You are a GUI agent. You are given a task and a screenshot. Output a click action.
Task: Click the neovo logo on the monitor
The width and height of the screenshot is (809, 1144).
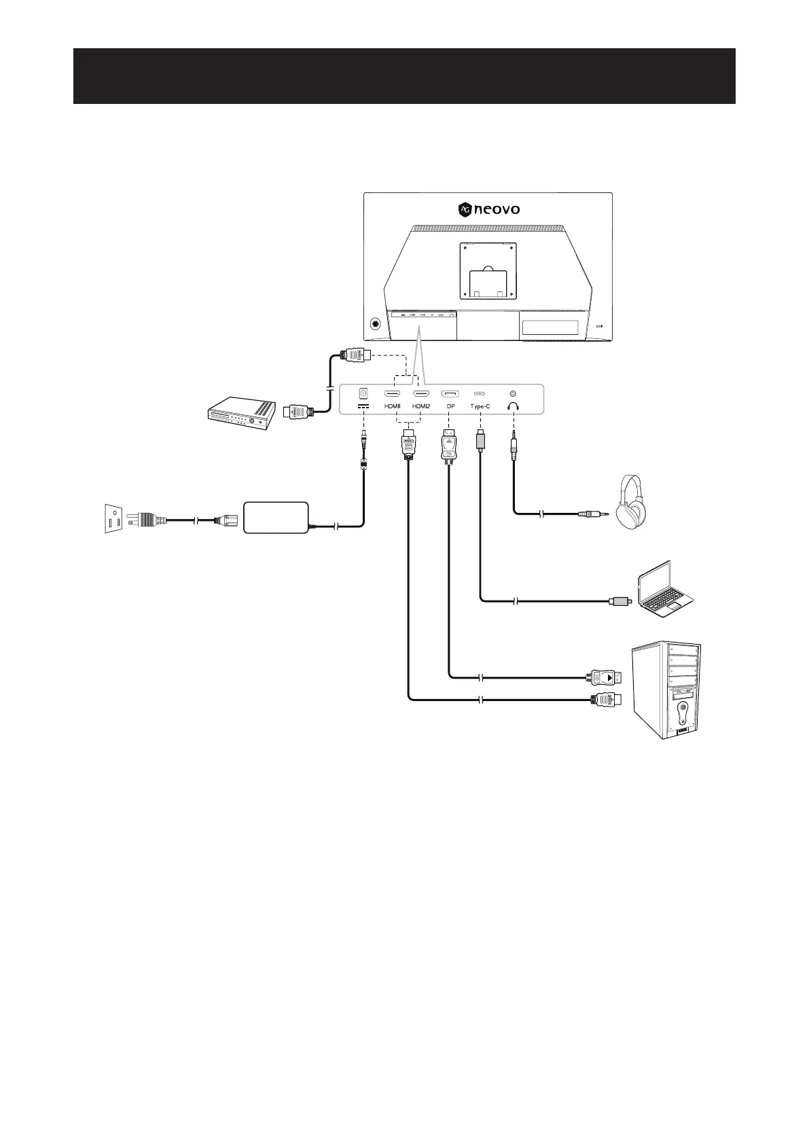click(x=489, y=209)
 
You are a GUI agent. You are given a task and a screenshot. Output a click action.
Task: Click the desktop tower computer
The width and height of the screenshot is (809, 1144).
click(x=666, y=689)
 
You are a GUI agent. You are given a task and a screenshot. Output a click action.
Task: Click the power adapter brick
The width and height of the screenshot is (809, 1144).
click(x=276, y=518)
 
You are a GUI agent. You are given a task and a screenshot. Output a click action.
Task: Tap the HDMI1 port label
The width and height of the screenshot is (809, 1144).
click(x=393, y=406)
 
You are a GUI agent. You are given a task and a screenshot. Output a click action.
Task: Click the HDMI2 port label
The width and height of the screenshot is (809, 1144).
click(x=421, y=406)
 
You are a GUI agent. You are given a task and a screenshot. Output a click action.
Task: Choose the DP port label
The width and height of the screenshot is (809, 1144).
click(x=450, y=406)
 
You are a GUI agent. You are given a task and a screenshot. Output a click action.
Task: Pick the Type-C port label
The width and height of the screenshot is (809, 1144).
click(x=480, y=406)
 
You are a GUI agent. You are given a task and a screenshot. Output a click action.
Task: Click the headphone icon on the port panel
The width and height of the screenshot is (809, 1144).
click(x=513, y=406)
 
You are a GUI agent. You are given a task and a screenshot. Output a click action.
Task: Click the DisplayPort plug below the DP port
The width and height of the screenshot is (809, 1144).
click(x=449, y=445)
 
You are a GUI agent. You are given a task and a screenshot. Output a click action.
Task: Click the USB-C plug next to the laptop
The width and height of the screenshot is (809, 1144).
click(x=621, y=601)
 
